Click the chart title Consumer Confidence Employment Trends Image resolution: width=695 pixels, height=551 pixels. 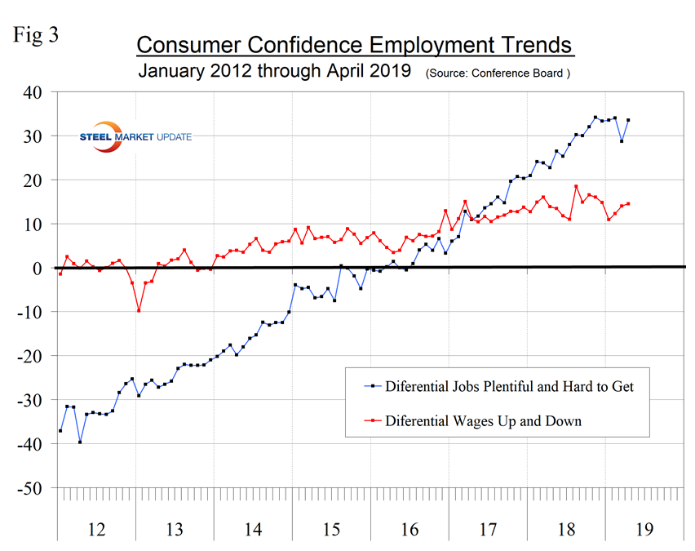coord(355,44)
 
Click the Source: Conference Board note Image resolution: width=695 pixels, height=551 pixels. coord(496,73)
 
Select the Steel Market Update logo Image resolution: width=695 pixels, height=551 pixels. coord(135,136)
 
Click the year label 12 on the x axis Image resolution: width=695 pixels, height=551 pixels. coord(96,530)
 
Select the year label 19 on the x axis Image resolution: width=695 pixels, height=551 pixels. coord(644,530)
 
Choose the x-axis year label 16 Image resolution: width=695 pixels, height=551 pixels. coord(409,530)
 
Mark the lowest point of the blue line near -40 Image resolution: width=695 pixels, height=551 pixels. coord(80,442)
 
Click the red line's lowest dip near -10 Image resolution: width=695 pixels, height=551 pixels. coord(139,310)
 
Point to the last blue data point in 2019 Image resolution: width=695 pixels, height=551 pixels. coord(628,120)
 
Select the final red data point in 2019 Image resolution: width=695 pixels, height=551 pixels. coord(628,203)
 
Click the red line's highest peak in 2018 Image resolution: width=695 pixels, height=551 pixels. coord(576,187)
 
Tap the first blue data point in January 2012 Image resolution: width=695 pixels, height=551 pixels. coord(60,430)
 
